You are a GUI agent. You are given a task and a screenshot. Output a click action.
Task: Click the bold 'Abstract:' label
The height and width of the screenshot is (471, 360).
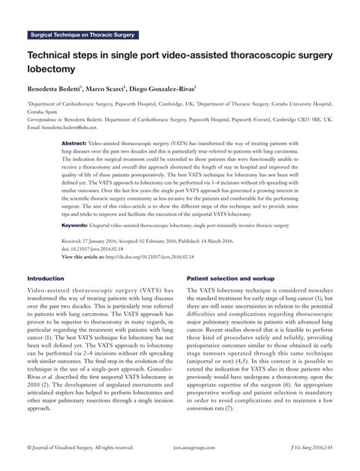(75, 143)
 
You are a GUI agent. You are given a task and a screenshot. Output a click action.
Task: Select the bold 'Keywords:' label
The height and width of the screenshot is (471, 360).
(77, 226)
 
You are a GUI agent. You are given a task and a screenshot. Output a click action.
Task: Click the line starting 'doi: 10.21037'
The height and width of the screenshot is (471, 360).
(96, 247)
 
